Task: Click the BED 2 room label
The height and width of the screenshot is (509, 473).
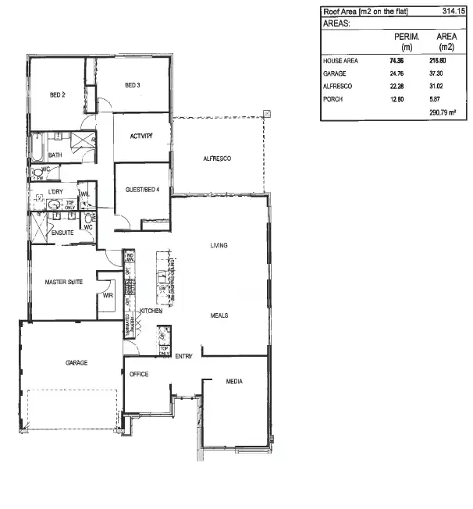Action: [57, 94]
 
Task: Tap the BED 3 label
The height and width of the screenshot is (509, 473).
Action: [132, 84]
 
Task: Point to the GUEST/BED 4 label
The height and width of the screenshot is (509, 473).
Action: [142, 190]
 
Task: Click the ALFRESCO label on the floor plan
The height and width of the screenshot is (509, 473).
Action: [217, 158]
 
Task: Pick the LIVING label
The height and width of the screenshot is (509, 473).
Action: [219, 246]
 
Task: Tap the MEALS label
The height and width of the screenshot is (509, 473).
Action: [219, 315]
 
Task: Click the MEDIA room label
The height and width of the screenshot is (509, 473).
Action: [233, 382]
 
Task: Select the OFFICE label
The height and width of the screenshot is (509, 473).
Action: [139, 374]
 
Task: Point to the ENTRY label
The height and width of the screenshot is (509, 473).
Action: [184, 357]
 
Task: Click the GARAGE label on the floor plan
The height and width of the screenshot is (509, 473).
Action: [76, 363]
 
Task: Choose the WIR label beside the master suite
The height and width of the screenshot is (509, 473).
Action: [108, 296]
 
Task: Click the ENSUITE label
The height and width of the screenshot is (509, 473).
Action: [62, 233]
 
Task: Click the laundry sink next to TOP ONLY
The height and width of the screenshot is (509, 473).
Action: [53, 205]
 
